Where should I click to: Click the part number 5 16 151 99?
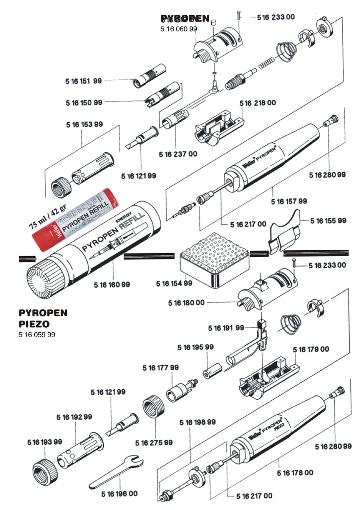(x=84, y=81)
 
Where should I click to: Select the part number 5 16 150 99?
(x=84, y=103)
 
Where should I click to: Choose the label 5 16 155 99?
(x=328, y=221)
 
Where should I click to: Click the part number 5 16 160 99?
(x=112, y=284)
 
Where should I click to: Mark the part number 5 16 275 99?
(x=154, y=443)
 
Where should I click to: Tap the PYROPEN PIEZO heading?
(x=43, y=318)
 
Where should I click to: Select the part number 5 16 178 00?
(x=295, y=473)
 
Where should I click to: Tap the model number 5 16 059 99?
(x=37, y=335)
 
